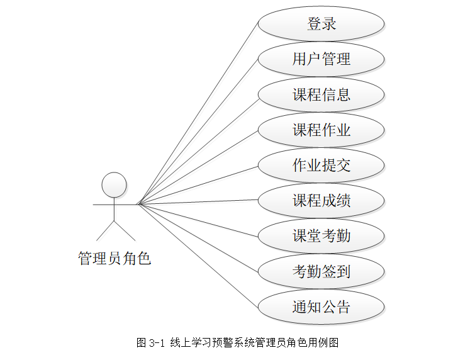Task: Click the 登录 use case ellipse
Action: tap(321, 24)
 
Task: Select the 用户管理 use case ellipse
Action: tap(321, 59)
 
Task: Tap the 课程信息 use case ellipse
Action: tap(321, 95)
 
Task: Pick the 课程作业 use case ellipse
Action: tap(321, 130)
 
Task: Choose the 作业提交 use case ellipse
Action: tap(321, 166)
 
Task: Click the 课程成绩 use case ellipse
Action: tap(321, 201)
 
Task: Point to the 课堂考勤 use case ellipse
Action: tap(321, 236)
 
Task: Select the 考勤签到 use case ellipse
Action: tap(321, 272)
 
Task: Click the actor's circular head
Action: tap(115, 184)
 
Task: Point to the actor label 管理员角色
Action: tap(115, 258)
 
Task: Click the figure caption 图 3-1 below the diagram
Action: tap(238, 343)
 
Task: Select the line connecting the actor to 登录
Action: tap(198, 114)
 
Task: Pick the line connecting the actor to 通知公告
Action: tap(198, 256)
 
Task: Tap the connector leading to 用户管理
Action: tap(198, 132)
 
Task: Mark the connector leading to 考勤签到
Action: tap(198, 238)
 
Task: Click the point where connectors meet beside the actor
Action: tap(139, 204)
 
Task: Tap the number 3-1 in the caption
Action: tap(157, 343)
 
